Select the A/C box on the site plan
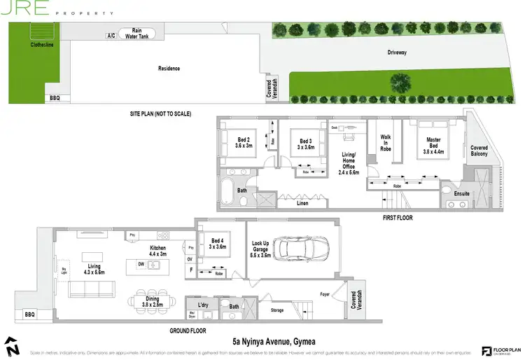click(111, 35)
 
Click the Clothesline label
click(43, 44)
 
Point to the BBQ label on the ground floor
click(29, 315)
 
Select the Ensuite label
click(462, 193)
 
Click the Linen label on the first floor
click(302, 203)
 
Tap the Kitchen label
click(158, 251)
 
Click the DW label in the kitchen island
click(141, 265)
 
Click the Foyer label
click(324, 294)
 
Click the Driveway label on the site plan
click(398, 53)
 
